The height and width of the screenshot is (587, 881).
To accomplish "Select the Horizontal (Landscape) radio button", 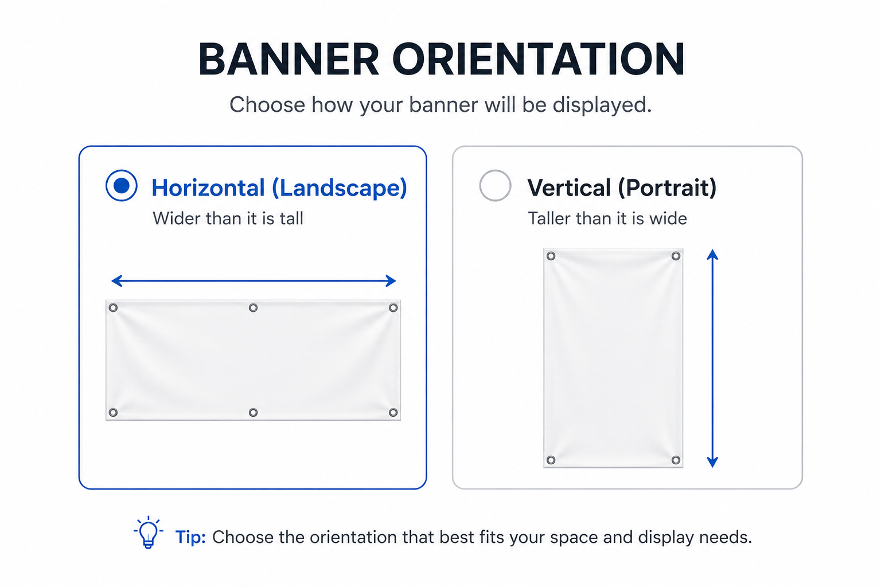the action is (122, 186).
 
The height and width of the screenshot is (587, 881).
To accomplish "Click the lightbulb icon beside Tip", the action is (149, 533).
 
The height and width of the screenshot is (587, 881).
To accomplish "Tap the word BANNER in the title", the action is (289, 59).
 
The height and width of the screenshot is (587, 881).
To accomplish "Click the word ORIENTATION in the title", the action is (539, 59).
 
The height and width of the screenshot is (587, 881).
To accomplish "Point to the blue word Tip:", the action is (190, 537).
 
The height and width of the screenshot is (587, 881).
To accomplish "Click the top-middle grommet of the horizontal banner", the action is (254, 308).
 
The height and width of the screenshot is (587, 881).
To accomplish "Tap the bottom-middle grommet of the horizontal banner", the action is (254, 412).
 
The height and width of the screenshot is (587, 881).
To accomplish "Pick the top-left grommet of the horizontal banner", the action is (113, 308).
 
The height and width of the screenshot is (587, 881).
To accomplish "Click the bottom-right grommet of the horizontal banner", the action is (393, 412).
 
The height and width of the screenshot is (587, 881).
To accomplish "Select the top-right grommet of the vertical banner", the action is (676, 256).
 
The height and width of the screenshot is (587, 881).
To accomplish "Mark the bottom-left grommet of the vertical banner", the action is (551, 460).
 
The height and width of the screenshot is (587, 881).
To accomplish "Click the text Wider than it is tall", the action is (228, 218).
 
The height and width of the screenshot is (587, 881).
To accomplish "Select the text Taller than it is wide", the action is (607, 218).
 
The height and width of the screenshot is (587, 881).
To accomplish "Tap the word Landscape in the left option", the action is (340, 188).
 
